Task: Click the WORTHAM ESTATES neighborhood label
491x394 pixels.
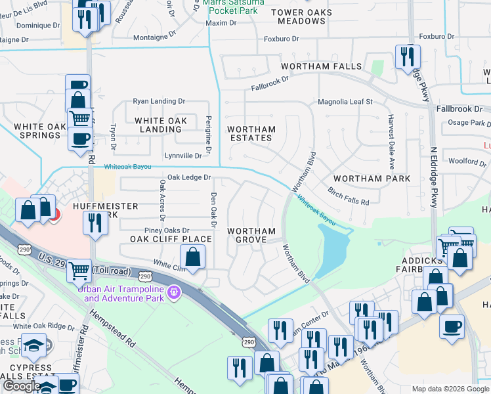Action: [250, 134]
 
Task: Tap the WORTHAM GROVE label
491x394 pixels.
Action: [251, 235]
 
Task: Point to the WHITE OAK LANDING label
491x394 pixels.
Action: [161, 125]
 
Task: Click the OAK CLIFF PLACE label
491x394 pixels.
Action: [170, 239]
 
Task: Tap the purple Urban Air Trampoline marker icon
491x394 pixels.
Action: [173, 291]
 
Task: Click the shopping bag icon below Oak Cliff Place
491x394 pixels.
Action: [192, 257]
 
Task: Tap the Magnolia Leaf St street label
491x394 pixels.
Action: [345, 102]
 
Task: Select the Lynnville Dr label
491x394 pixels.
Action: [183, 156]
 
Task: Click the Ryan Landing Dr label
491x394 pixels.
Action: [159, 101]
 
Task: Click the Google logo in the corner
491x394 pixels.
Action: [21, 386]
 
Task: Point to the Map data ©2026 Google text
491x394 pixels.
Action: [450, 389]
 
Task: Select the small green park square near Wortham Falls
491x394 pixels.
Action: [377, 68]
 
